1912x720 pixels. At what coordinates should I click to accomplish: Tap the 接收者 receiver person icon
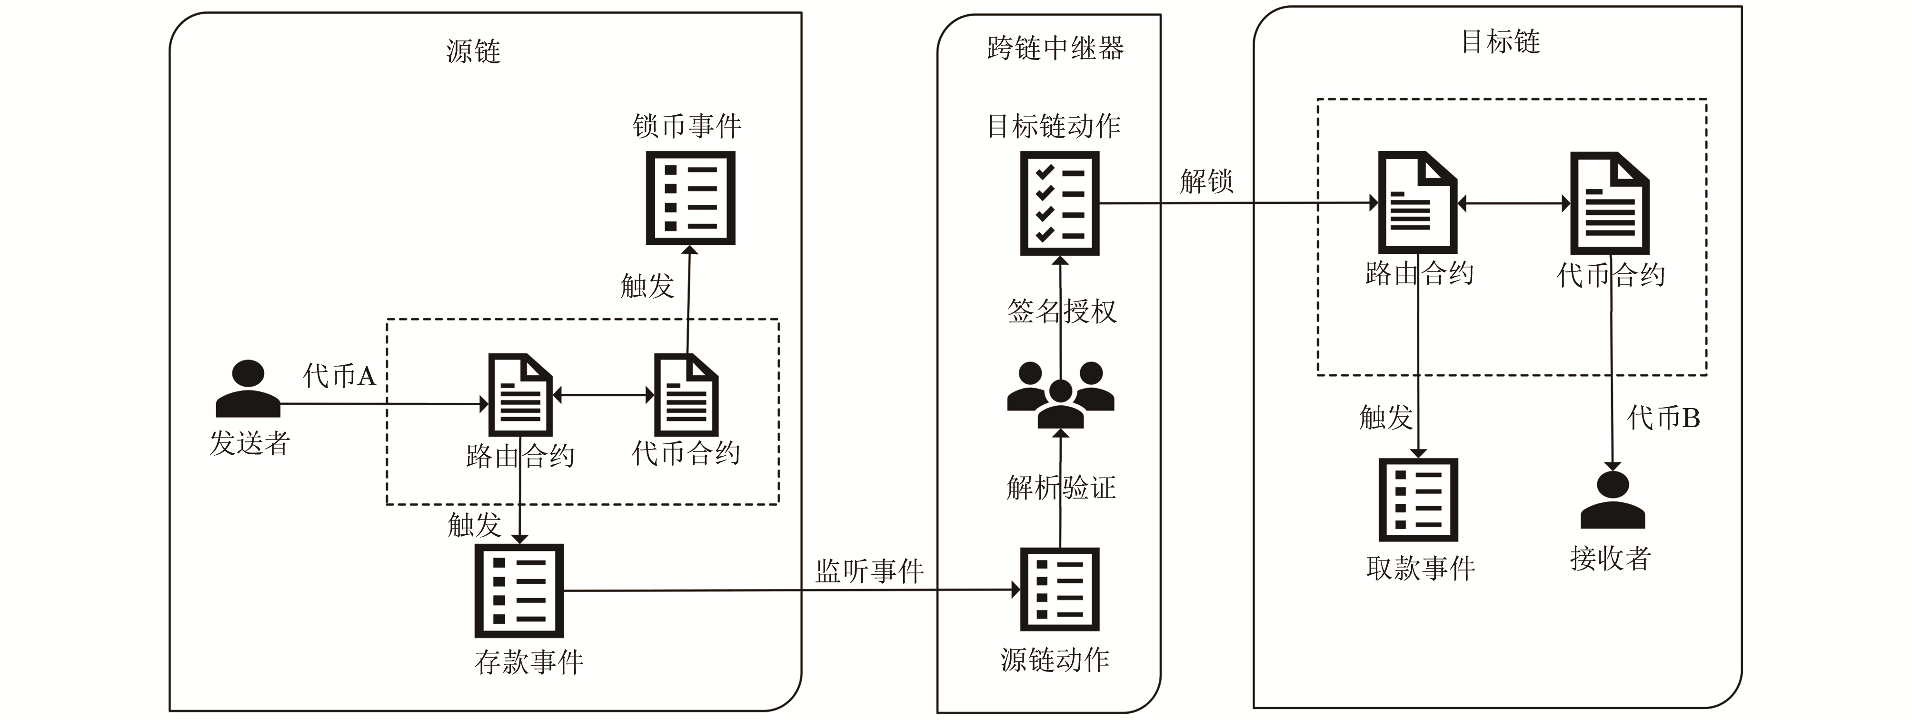(x=1612, y=500)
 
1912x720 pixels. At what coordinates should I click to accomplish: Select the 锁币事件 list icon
(x=690, y=198)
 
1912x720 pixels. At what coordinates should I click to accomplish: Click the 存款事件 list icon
(x=519, y=591)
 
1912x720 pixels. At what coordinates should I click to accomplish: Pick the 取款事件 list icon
(x=1418, y=500)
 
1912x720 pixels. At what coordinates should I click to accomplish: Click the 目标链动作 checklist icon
(x=1059, y=203)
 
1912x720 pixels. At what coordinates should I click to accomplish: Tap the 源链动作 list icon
(x=1059, y=590)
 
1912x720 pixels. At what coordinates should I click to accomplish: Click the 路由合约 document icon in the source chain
(x=519, y=395)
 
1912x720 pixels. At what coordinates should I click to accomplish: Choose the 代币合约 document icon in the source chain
(x=686, y=395)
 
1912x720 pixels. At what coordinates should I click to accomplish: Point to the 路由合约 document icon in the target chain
(x=1417, y=203)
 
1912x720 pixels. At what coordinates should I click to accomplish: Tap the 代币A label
(x=339, y=376)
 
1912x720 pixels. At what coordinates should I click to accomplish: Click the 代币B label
(x=1663, y=418)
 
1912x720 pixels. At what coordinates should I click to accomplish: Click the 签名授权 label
(x=1061, y=311)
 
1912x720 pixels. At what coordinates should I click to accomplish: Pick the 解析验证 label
(x=1061, y=488)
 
